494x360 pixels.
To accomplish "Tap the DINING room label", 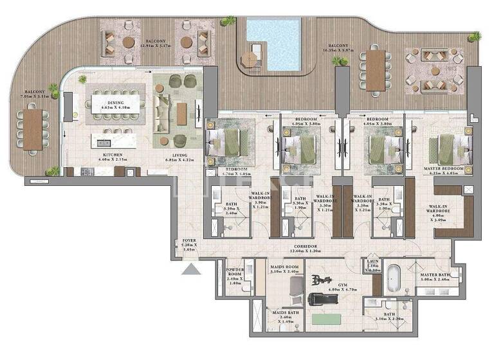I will point(116,104).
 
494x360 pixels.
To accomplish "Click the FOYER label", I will point(188,243).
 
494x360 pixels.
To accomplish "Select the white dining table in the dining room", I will point(116,102).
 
